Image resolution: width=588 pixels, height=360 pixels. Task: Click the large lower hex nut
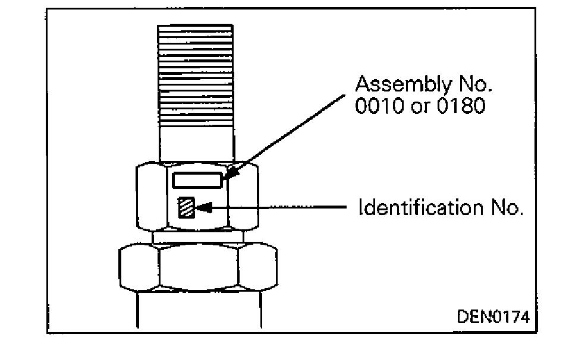click(197, 267)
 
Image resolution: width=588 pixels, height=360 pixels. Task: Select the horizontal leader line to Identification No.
click(279, 208)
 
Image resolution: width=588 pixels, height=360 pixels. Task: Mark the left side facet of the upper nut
click(152, 196)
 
